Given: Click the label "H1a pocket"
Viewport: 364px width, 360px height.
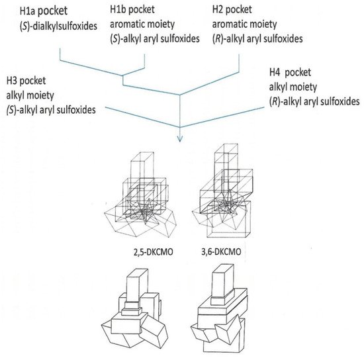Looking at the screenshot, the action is click(x=44, y=11).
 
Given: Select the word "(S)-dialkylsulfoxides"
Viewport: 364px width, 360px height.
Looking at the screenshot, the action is click(x=58, y=26).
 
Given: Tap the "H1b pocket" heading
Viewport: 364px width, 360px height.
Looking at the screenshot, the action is click(x=132, y=9).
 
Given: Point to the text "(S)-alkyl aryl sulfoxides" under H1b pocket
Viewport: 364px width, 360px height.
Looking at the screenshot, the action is click(x=155, y=38).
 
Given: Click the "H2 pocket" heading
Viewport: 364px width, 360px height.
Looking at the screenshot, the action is click(x=232, y=9).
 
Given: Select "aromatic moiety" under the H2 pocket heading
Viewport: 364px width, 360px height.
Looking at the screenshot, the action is click(x=244, y=24).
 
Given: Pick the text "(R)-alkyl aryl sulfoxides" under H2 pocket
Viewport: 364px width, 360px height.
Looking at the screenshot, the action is click(x=257, y=38).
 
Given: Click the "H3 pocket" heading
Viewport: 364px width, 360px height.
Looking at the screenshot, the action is click(x=26, y=81).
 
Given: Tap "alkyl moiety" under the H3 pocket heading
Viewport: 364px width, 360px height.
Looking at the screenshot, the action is click(x=30, y=95).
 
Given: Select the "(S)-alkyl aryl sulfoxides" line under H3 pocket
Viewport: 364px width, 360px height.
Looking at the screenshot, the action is click(x=51, y=110).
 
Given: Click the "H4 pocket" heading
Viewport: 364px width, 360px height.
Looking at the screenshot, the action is click(x=290, y=72).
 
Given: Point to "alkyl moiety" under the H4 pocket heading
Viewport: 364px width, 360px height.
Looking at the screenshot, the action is click(x=293, y=87).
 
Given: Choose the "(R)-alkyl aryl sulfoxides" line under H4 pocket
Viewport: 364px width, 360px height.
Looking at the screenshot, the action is click(x=314, y=101).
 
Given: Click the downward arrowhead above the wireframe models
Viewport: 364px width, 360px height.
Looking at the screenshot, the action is click(x=180, y=139).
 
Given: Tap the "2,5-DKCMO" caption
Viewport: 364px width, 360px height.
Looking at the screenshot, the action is click(x=154, y=252).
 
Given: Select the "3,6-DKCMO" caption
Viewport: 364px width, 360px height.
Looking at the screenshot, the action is click(x=221, y=251).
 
